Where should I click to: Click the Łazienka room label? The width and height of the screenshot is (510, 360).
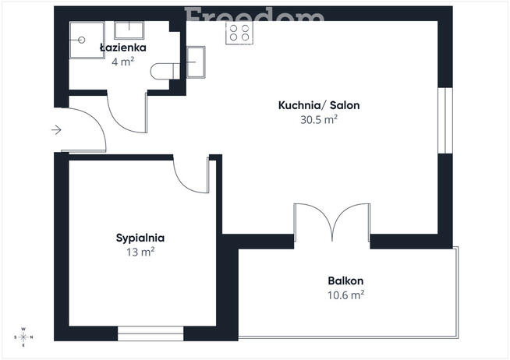point(123,48)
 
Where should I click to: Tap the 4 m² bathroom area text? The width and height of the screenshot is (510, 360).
point(123,62)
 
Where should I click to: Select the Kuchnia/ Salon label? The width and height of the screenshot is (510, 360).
point(319,105)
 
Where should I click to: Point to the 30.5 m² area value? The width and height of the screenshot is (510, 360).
point(319,120)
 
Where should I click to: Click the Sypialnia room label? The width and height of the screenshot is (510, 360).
point(140,238)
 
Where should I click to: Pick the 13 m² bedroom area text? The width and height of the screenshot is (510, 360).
point(140,252)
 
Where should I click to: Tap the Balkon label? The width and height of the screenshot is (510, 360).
point(345,281)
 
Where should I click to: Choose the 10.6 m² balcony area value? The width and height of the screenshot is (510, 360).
point(345,295)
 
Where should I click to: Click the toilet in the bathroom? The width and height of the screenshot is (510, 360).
point(165,71)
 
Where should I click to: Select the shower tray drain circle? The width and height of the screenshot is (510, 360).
point(82,40)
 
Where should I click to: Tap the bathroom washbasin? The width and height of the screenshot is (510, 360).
point(129,30)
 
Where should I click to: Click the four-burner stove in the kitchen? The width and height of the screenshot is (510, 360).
point(239,33)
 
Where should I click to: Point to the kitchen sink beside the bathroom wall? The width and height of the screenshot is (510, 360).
point(197,62)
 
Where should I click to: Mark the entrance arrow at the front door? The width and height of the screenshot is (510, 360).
point(56,130)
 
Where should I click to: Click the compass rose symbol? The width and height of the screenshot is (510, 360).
point(23,337)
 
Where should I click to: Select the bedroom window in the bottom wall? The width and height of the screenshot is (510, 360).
point(151,334)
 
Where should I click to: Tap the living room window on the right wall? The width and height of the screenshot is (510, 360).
point(445,121)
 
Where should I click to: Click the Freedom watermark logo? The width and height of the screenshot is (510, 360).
point(254,15)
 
